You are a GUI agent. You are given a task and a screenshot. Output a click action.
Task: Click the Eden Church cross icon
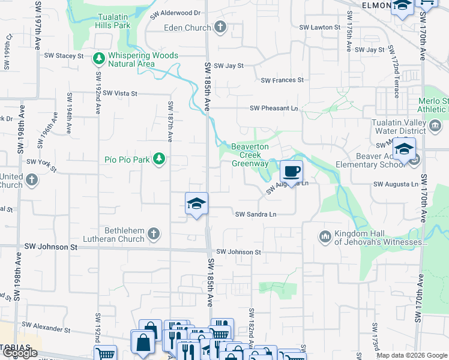(220, 27)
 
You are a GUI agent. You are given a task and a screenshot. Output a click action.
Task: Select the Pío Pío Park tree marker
(159, 159)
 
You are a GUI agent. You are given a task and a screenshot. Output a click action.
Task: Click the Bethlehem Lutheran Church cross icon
(153, 233)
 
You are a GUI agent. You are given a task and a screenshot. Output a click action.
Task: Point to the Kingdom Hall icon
(326, 236)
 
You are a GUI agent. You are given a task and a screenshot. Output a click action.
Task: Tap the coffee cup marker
(291, 172)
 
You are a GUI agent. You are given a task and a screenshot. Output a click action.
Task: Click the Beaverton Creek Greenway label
(251, 154)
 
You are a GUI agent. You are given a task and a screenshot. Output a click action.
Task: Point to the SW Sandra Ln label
(256, 214)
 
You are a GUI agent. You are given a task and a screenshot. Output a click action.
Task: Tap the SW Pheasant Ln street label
(274, 109)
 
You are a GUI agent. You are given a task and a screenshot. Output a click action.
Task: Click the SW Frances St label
(282, 80)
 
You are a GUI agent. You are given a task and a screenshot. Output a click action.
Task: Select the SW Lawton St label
(320, 28)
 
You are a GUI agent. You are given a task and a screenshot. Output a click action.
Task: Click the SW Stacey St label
(64, 56)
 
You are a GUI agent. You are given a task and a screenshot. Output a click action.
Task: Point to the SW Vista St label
(120, 94)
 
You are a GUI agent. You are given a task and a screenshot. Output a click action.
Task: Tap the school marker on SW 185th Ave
(196, 204)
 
